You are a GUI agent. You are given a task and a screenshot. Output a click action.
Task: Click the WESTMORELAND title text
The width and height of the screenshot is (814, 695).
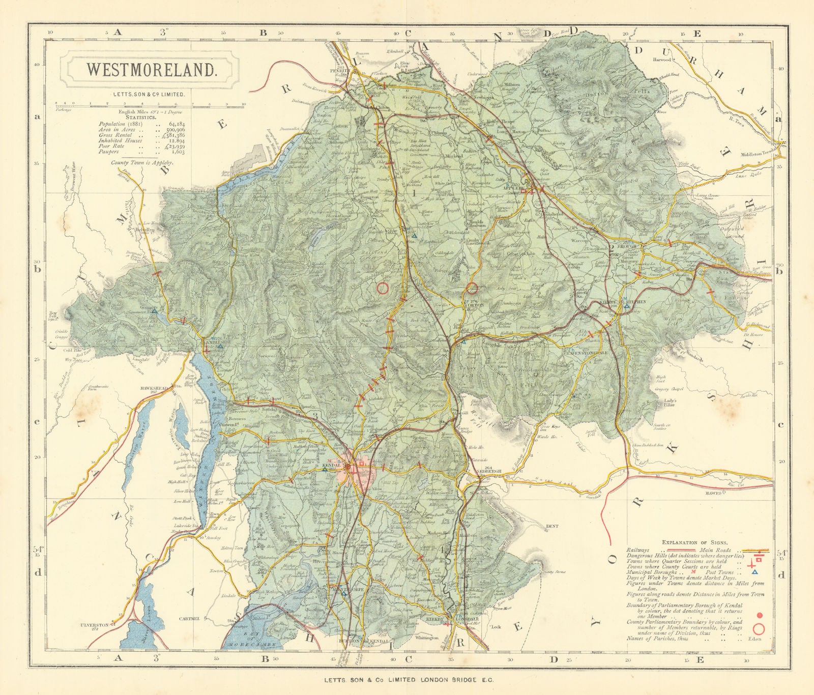coord(151,70)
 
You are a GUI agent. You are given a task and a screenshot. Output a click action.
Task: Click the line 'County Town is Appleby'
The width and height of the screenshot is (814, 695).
coord(143,162)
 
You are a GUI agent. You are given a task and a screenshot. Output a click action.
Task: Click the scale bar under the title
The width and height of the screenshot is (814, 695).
coord(150,104)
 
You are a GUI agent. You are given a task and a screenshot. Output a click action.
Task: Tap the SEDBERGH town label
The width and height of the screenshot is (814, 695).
coord(490,472)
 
